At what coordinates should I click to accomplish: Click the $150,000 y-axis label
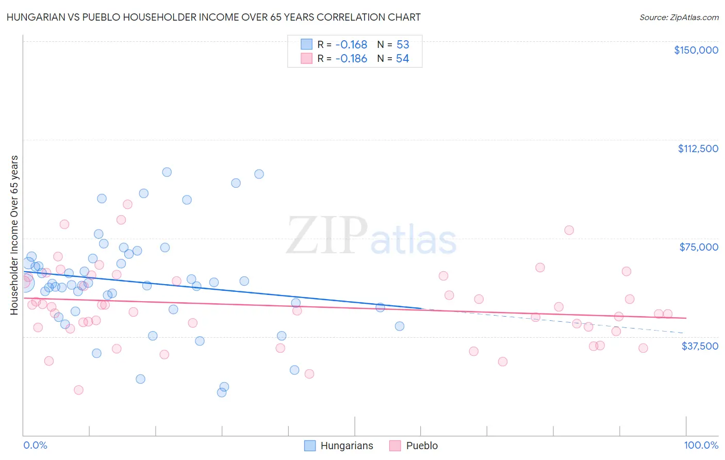point(696,50)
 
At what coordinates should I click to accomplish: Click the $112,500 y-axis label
point(698,149)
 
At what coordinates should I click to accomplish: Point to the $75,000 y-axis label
point(699,247)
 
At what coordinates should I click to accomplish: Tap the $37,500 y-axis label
point(700,346)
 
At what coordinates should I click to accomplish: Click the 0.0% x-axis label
point(35,445)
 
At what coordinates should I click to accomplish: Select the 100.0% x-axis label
point(701,445)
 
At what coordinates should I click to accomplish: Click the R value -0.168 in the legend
point(351,45)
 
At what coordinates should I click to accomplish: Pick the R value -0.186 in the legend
point(351,59)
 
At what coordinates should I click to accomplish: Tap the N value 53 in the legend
point(403,45)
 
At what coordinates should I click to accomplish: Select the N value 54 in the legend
point(403,59)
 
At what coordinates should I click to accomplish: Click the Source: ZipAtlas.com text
point(679,17)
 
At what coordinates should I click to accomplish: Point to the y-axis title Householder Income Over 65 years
point(14,235)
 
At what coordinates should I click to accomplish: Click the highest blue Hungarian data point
point(167,172)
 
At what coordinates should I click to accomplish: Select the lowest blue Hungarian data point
point(222,392)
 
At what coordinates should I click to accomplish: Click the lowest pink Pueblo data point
point(78,390)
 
